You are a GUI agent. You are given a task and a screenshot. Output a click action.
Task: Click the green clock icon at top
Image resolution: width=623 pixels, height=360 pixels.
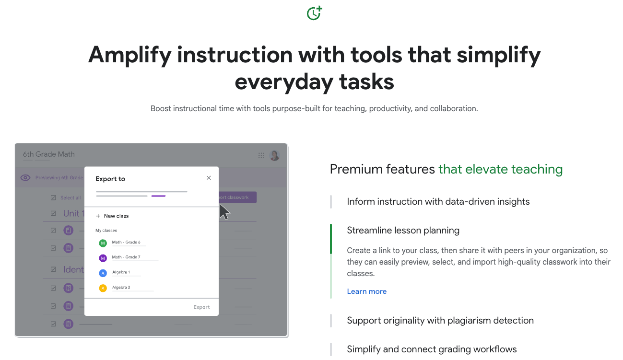(314, 13)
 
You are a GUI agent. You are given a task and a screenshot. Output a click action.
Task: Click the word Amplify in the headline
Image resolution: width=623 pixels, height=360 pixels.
(129, 55)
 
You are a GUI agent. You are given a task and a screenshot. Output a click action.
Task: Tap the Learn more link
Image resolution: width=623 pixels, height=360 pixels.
(366, 291)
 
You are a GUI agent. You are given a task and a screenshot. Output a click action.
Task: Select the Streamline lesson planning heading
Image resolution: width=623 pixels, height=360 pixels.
(403, 231)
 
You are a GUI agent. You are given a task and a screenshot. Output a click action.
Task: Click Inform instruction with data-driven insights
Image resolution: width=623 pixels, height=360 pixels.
(438, 202)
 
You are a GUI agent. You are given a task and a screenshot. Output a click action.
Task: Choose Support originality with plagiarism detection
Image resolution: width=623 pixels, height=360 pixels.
(440, 321)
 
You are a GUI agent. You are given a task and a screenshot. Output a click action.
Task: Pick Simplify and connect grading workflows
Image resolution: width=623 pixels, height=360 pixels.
(432, 349)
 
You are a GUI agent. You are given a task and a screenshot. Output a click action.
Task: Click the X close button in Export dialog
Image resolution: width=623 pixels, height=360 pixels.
(209, 178)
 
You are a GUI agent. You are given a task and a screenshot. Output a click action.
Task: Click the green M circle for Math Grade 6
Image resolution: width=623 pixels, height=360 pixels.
(103, 244)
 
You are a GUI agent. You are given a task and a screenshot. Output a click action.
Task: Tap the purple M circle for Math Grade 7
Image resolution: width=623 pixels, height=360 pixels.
(103, 258)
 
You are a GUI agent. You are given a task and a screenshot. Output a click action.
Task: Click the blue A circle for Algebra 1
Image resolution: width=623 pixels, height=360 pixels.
(103, 273)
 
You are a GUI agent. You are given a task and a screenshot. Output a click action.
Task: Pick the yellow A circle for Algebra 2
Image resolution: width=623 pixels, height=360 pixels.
(103, 288)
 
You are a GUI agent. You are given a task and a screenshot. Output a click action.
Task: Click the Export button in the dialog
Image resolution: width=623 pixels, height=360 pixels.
(201, 307)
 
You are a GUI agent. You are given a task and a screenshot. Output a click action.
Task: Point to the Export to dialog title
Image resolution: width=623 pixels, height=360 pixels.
(110, 179)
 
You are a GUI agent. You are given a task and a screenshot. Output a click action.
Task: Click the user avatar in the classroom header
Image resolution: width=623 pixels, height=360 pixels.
(274, 155)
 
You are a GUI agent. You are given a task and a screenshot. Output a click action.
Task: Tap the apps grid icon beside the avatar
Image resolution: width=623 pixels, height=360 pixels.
(261, 155)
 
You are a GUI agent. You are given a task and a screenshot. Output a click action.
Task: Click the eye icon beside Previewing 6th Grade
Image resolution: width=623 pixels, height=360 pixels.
(25, 178)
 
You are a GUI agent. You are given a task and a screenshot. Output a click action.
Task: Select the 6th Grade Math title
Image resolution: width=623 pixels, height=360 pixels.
(49, 154)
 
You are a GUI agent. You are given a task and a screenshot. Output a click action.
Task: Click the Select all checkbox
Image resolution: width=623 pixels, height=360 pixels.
(53, 197)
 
